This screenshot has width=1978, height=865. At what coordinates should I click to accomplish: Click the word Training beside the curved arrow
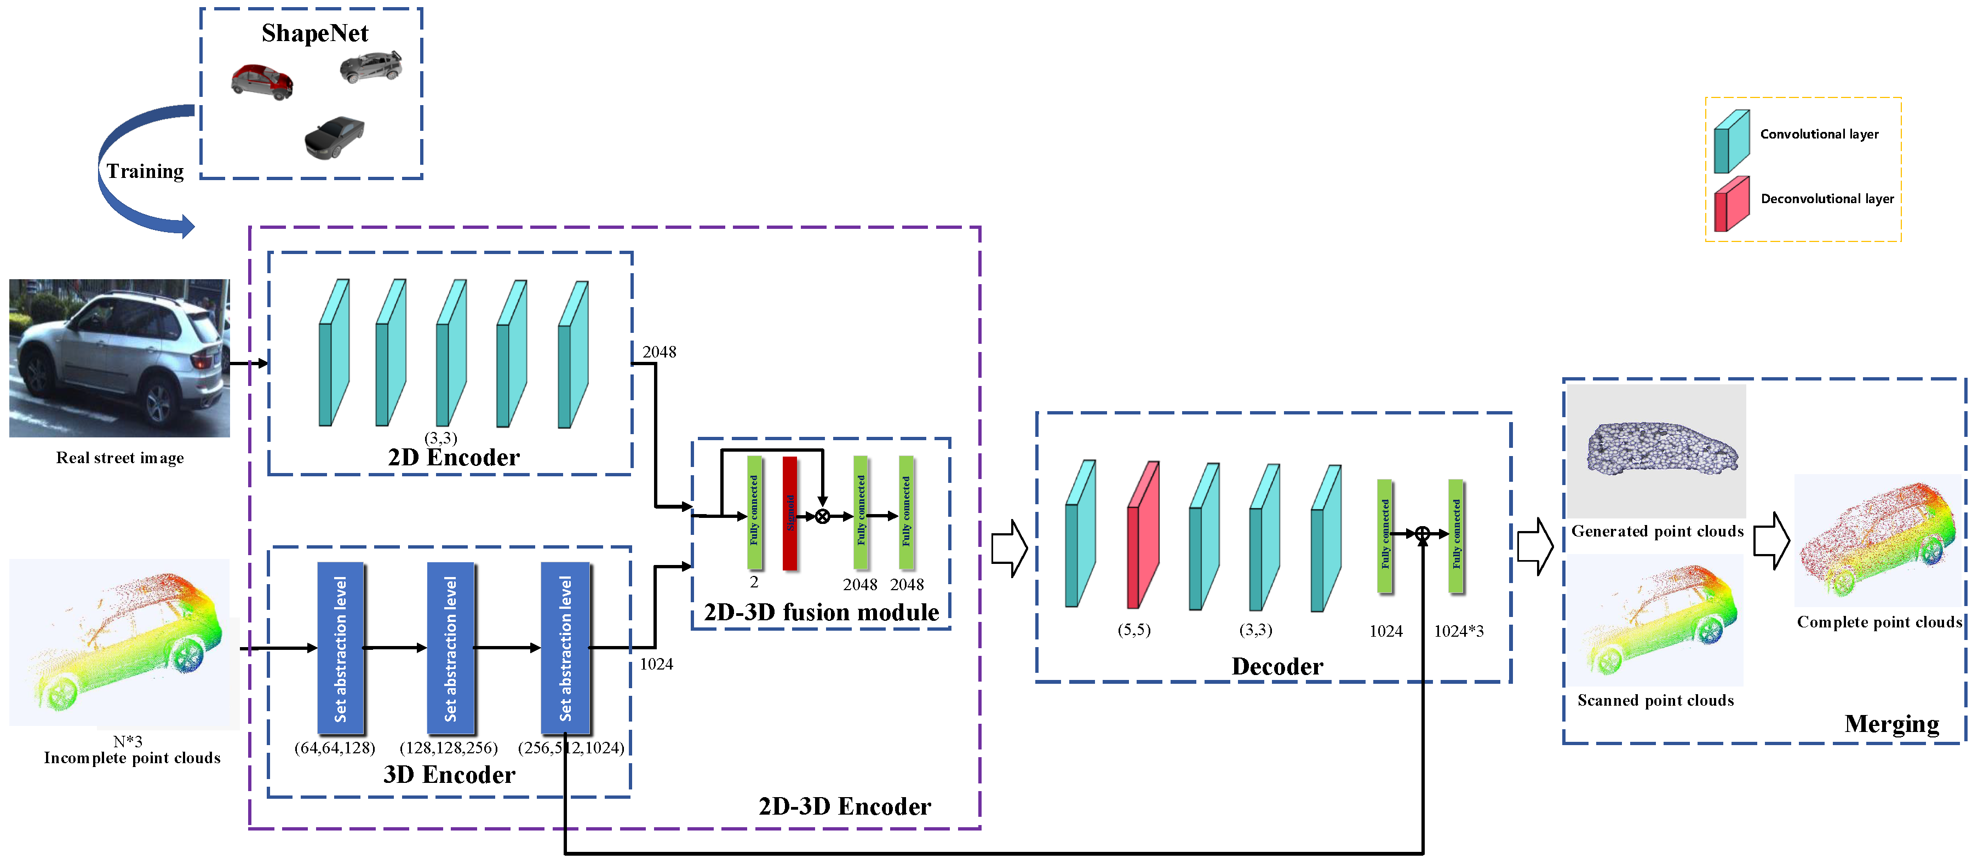(x=145, y=171)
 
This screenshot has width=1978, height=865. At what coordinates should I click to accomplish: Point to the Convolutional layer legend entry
(x=1818, y=134)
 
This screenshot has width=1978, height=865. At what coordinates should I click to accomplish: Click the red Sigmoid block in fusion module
(x=789, y=513)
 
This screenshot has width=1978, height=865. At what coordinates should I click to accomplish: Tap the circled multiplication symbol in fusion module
(x=822, y=517)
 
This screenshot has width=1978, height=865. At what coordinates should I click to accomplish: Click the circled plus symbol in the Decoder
(x=1422, y=533)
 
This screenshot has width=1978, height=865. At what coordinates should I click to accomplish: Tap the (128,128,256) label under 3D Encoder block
(x=449, y=748)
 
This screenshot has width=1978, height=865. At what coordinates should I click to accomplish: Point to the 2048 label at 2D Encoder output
(x=659, y=352)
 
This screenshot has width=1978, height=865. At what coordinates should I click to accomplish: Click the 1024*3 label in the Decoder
(x=1458, y=631)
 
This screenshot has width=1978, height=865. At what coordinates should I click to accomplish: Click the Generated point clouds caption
(x=1657, y=531)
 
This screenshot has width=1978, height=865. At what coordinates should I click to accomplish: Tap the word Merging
(x=1891, y=724)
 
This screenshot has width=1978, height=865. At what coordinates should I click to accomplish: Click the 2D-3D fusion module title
(x=821, y=613)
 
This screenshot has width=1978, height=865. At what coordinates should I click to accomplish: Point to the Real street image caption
(x=120, y=458)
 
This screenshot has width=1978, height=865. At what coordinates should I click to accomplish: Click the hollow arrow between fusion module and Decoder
(x=1009, y=548)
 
